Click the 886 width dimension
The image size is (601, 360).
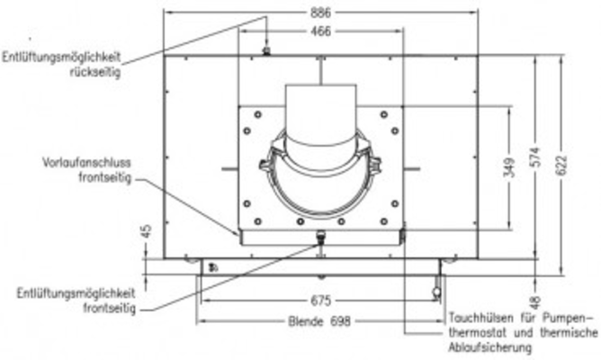[321, 12]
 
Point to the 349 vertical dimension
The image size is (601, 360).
[509, 168]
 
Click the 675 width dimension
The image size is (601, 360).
[322, 301]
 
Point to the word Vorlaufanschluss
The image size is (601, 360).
[87, 164]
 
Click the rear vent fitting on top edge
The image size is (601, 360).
[266, 51]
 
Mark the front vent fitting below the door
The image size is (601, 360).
[319, 238]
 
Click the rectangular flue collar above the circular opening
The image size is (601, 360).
[319, 109]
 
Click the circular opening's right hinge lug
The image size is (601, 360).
[375, 166]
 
